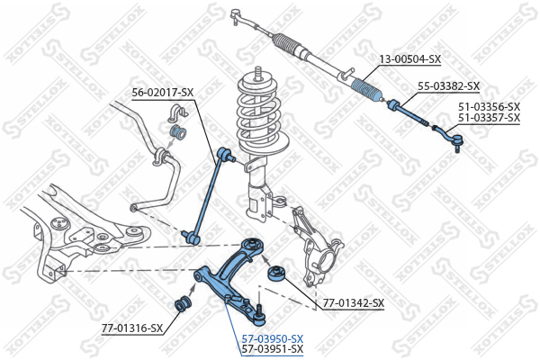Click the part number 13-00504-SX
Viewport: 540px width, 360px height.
click(409, 59)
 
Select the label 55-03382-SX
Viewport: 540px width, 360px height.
click(448, 86)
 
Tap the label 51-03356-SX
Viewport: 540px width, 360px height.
click(489, 106)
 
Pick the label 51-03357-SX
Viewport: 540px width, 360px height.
click(489, 118)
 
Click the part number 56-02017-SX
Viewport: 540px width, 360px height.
click(163, 92)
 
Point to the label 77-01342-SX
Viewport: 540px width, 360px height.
click(354, 303)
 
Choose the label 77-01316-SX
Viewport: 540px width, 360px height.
click(131, 328)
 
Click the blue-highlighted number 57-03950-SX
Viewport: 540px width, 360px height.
click(273, 338)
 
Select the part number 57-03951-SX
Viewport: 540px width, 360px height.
click(273, 349)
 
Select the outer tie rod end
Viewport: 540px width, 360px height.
click(454, 139)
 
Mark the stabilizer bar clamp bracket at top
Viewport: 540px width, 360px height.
click(175, 115)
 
